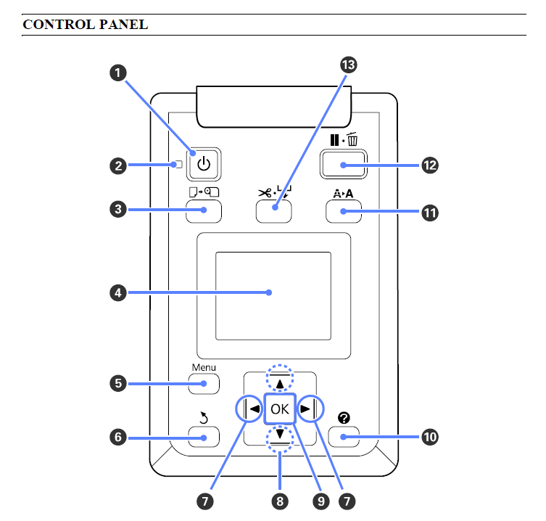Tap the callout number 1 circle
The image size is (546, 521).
point(117,72)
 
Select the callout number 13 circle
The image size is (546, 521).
point(349,66)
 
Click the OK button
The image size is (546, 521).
point(280,409)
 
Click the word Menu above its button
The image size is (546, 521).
point(204,367)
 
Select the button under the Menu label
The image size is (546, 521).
point(204,383)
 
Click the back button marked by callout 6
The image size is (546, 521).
point(204,437)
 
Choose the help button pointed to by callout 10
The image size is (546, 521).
point(343,437)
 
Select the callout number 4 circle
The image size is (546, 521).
point(117,292)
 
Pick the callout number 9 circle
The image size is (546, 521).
point(319,500)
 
